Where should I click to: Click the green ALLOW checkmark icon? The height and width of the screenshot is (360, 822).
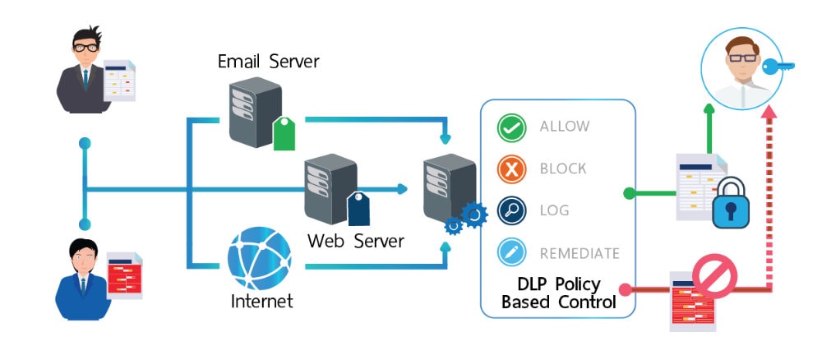512,127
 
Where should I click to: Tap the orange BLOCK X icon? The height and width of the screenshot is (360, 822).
512,169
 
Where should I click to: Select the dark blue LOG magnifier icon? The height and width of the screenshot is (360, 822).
512,211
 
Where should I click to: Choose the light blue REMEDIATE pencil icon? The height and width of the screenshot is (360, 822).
512,253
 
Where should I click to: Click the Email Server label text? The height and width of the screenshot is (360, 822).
268,61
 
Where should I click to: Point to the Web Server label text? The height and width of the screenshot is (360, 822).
356,241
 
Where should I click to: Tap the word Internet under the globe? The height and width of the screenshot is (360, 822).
261,301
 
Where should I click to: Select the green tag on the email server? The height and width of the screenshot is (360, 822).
284,134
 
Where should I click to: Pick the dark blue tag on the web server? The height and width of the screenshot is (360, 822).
358,209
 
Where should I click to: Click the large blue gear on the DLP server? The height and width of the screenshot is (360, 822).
474,215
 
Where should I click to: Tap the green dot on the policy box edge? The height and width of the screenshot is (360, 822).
629,194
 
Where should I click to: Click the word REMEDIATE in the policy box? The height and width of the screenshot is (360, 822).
580,253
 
